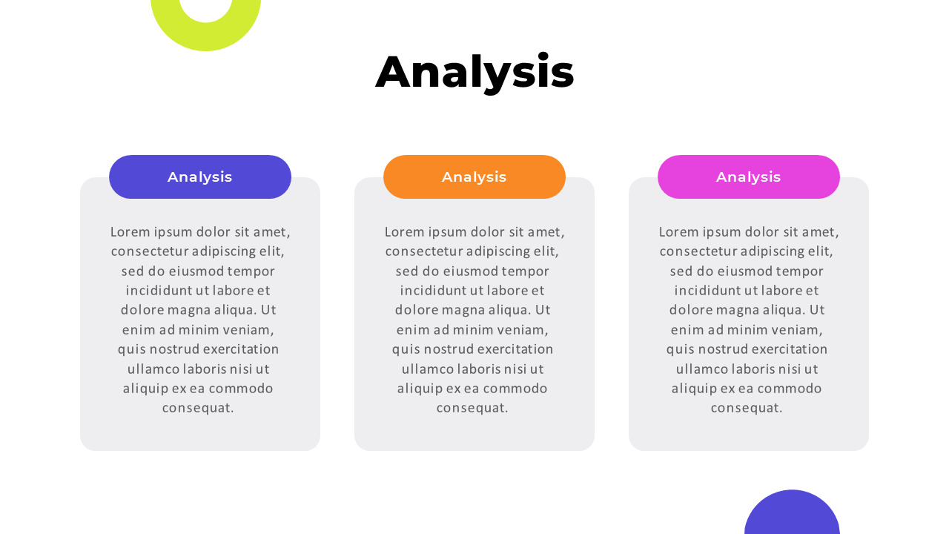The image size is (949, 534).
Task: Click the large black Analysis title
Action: pos(474,72)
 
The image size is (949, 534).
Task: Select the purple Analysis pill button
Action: pos(200,177)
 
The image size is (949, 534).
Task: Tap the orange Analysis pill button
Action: pos(474,177)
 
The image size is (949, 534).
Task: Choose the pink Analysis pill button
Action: pos(749,177)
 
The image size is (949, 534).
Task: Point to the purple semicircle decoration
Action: pos(792,515)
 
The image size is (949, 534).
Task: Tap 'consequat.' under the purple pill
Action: pos(198,408)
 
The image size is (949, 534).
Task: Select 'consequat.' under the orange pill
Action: pos(472,408)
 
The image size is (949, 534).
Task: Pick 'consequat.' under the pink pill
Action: pos(747,408)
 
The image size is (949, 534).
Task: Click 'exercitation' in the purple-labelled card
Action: pos(241,349)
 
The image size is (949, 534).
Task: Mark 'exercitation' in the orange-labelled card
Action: pos(515,349)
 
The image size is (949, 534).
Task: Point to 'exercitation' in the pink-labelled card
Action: pos(790,349)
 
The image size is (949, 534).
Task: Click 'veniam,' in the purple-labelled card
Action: pos(247,330)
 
